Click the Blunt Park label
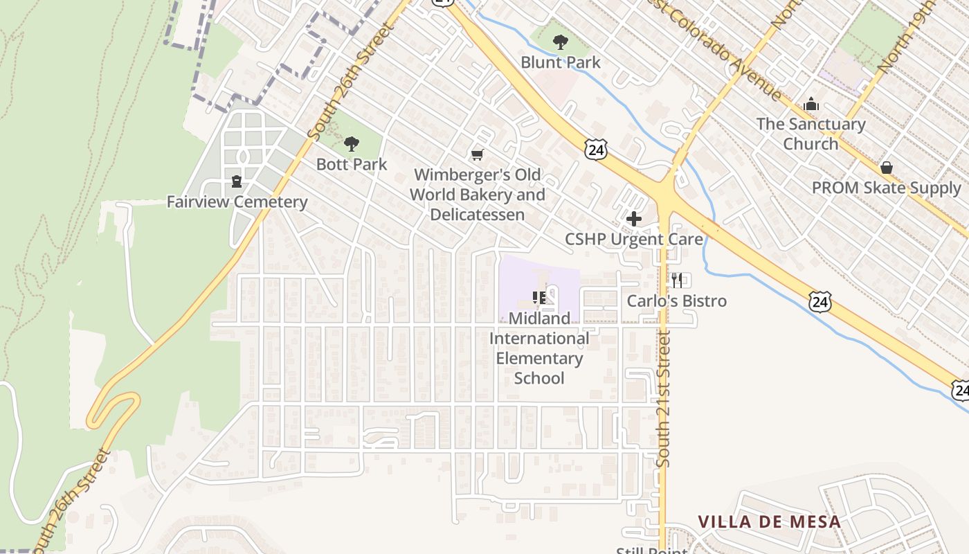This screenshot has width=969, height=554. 561,62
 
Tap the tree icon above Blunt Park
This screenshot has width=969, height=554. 561,42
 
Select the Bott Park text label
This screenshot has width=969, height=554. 352,164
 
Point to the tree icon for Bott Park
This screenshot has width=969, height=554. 352,144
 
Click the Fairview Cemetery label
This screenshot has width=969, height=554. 237,202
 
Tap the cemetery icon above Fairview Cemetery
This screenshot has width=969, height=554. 237,181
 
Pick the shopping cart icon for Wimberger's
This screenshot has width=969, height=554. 477,154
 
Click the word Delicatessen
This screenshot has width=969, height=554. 477,215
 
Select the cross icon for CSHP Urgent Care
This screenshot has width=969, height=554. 633,220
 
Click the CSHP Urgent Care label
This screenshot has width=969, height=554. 634,240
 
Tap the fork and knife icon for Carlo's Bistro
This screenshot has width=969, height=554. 677,280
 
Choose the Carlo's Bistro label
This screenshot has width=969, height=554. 677,301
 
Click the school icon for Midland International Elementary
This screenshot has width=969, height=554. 539,298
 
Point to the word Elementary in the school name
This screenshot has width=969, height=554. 539,359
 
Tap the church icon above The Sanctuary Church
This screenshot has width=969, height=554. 811,105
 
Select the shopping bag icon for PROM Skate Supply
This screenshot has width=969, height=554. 887,168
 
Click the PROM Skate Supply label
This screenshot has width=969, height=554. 887,188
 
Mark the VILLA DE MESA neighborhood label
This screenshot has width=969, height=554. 769,522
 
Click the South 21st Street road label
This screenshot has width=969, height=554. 664,399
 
